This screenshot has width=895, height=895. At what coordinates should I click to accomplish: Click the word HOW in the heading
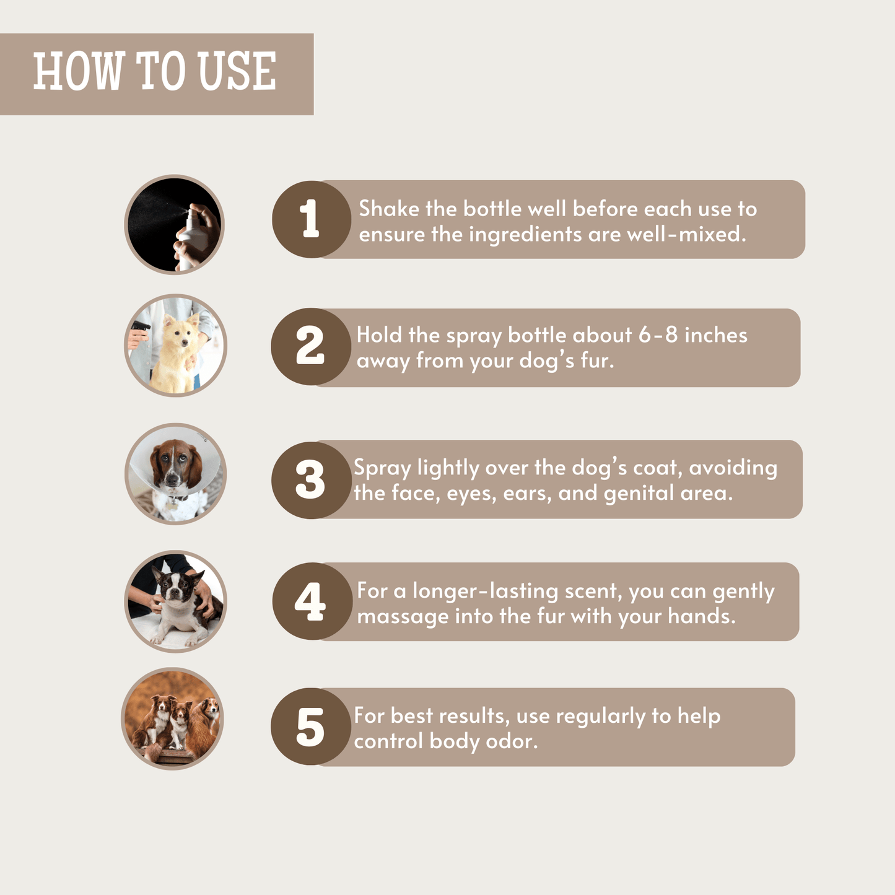(79, 71)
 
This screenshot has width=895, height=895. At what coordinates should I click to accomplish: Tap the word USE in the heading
(237, 71)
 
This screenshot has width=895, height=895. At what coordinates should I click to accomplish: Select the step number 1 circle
(311, 219)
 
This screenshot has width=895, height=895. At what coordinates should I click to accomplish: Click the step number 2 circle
(311, 346)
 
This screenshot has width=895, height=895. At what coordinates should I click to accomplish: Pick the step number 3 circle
(311, 480)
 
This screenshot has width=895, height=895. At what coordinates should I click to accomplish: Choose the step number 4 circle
(312, 601)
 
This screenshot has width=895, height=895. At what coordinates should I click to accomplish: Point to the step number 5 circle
(311, 727)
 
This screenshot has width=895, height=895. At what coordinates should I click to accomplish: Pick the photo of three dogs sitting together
(172, 718)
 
